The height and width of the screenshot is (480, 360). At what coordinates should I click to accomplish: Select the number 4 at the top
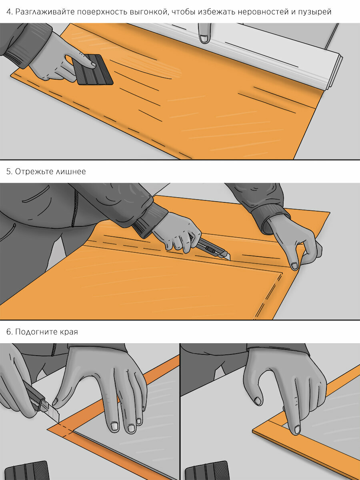pyautogui.click(x=9, y=12)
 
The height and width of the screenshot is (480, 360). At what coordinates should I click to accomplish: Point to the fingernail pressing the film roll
pyautogui.click(x=204, y=39)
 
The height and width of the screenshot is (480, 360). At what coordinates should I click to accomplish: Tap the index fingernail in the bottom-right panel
pyautogui.click(x=297, y=430)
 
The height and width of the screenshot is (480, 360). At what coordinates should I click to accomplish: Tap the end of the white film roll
pyautogui.click(x=334, y=72)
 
